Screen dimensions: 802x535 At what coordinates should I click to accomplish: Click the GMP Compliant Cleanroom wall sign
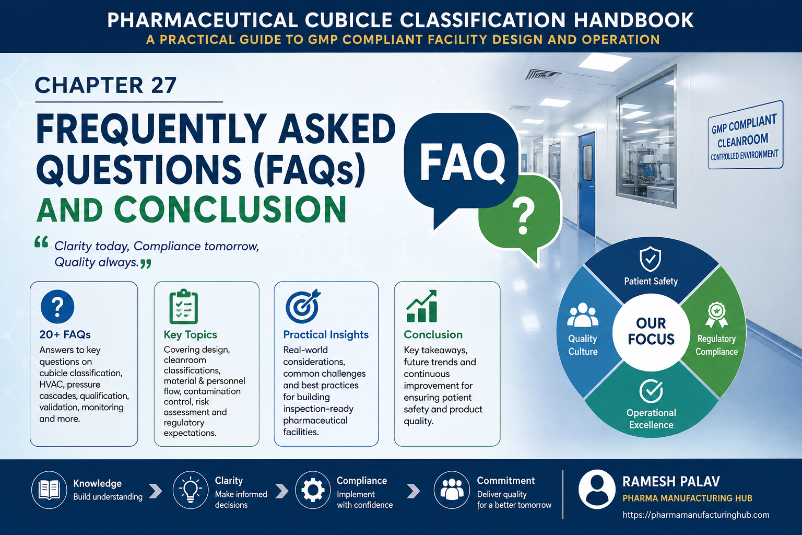746,135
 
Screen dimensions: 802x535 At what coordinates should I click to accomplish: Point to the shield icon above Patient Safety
651,259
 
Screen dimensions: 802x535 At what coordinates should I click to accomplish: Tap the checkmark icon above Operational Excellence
651,391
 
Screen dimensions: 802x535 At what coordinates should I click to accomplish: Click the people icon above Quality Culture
583,316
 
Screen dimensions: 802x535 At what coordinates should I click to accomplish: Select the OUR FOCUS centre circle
651,332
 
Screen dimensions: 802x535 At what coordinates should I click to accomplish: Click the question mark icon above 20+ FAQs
57,307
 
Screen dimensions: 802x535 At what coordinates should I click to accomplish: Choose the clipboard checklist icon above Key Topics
183,306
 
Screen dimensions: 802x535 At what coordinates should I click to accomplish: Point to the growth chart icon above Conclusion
422,306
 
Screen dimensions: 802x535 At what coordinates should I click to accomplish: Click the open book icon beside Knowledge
49,490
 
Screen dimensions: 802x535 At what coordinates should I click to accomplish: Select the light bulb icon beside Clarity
191,490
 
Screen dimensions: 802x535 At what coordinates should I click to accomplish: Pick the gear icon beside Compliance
313,490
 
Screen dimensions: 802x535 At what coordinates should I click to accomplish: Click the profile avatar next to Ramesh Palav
597,490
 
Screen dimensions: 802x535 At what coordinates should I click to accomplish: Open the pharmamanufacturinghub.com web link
695,515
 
